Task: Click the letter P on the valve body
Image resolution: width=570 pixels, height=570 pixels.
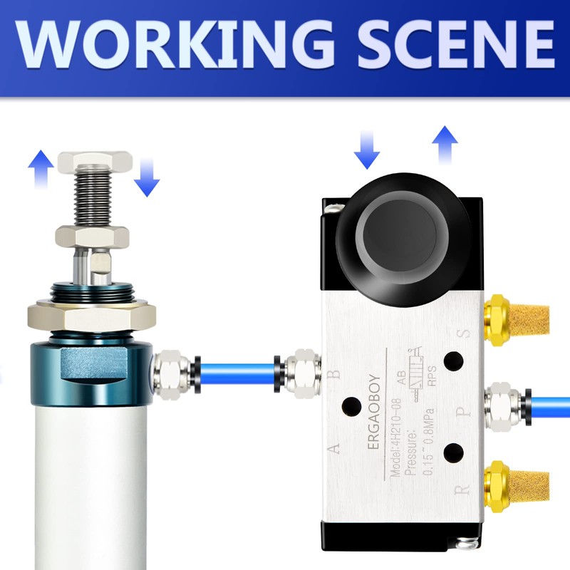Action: click(x=465, y=411)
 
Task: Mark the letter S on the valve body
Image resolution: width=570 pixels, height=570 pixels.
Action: click(x=465, y=333)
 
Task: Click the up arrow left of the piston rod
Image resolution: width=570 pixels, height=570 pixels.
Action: click(x=41, y=167)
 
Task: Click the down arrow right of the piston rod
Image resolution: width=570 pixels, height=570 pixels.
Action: click(x=147, y=178)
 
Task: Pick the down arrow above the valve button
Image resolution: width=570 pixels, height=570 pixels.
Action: click(x=368, y=152)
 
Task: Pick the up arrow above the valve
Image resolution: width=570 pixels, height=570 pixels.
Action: click(x=445, y=144)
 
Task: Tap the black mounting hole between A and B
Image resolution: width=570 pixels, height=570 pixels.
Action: click(x=351, y=407)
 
